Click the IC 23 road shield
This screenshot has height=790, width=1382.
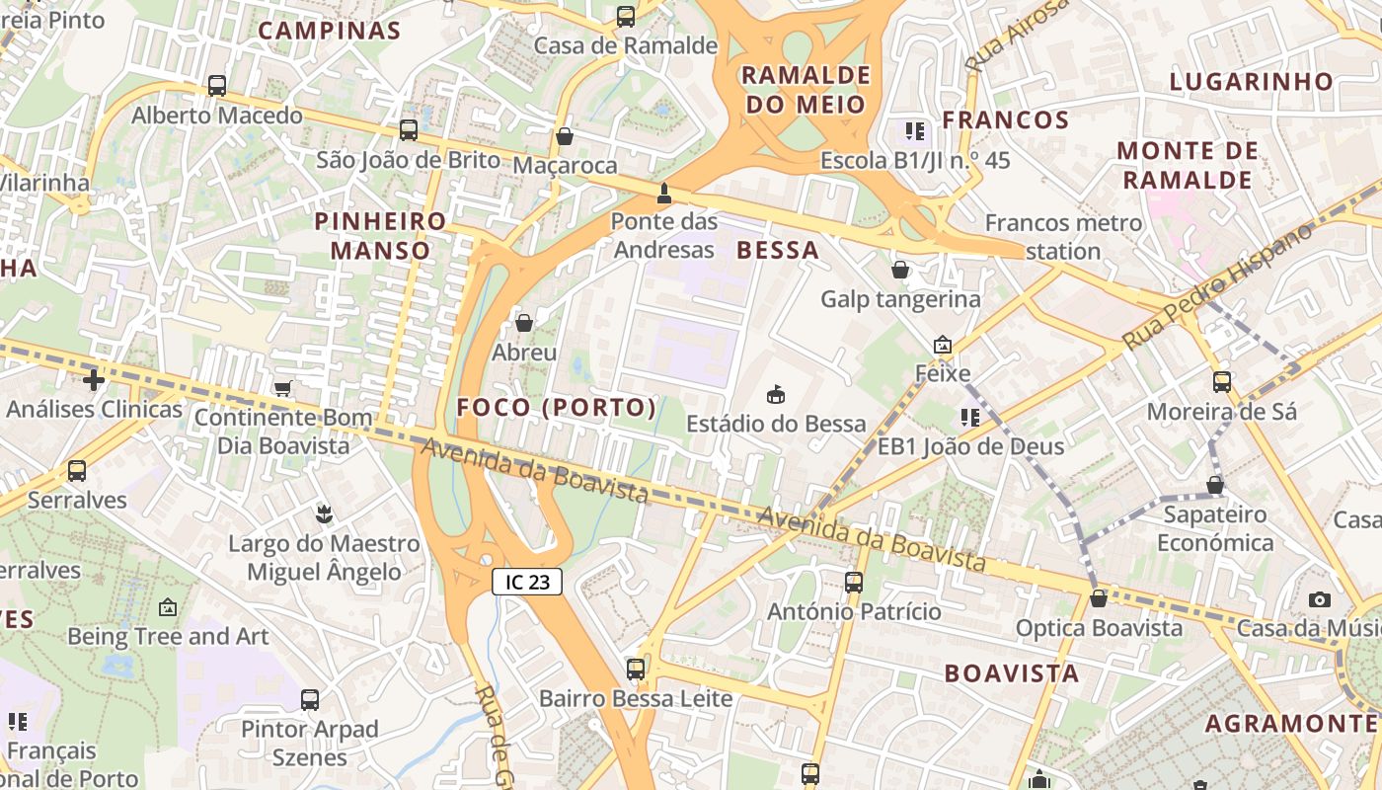pyautogui.click(x=527, y=582)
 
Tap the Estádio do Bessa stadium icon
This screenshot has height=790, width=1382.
pyautogui.click(x=776, y=394)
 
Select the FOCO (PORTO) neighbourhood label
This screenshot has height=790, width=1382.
pyautogui.click(x=557, y=407)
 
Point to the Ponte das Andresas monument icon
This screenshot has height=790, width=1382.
pyautogui.click(x=663, y=192)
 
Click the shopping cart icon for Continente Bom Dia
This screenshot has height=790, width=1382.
pyautogui.click(x=283, y=388)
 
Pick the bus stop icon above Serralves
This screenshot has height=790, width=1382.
pyautogui.click(x=77, y=471)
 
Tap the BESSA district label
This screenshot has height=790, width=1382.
pyautogui.click(x=778, y=250)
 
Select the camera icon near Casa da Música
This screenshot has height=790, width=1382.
pyautogui.click(x=1319, y=599)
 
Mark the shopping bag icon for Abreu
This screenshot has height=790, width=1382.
pyautogui.click(x=524, y=323)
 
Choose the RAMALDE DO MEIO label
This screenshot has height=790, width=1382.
pyautogui.click(x=806, y=90)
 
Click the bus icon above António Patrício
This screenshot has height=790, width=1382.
pyautogui.click(x=854, y=583)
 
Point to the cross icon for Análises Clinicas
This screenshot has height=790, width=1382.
pyautogui.click(x=94, y=379)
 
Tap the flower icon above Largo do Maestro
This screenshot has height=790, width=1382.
pyautogui.click(x=323, y=513)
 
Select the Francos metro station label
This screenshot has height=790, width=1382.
pyautogui.click(x=1063, y=236)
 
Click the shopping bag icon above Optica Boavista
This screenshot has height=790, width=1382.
pyautogui.click(x=1098, y=598)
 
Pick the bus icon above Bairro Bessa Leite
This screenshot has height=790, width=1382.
pyautogui.click(x=636, y=670)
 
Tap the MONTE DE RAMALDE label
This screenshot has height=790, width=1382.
pyautogui.click(x=1188, y=165)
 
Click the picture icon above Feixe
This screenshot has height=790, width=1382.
pyautogui.click(x=943, y=345)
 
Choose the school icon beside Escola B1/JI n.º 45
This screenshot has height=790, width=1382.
pyautogui.click(x=915, y=130)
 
